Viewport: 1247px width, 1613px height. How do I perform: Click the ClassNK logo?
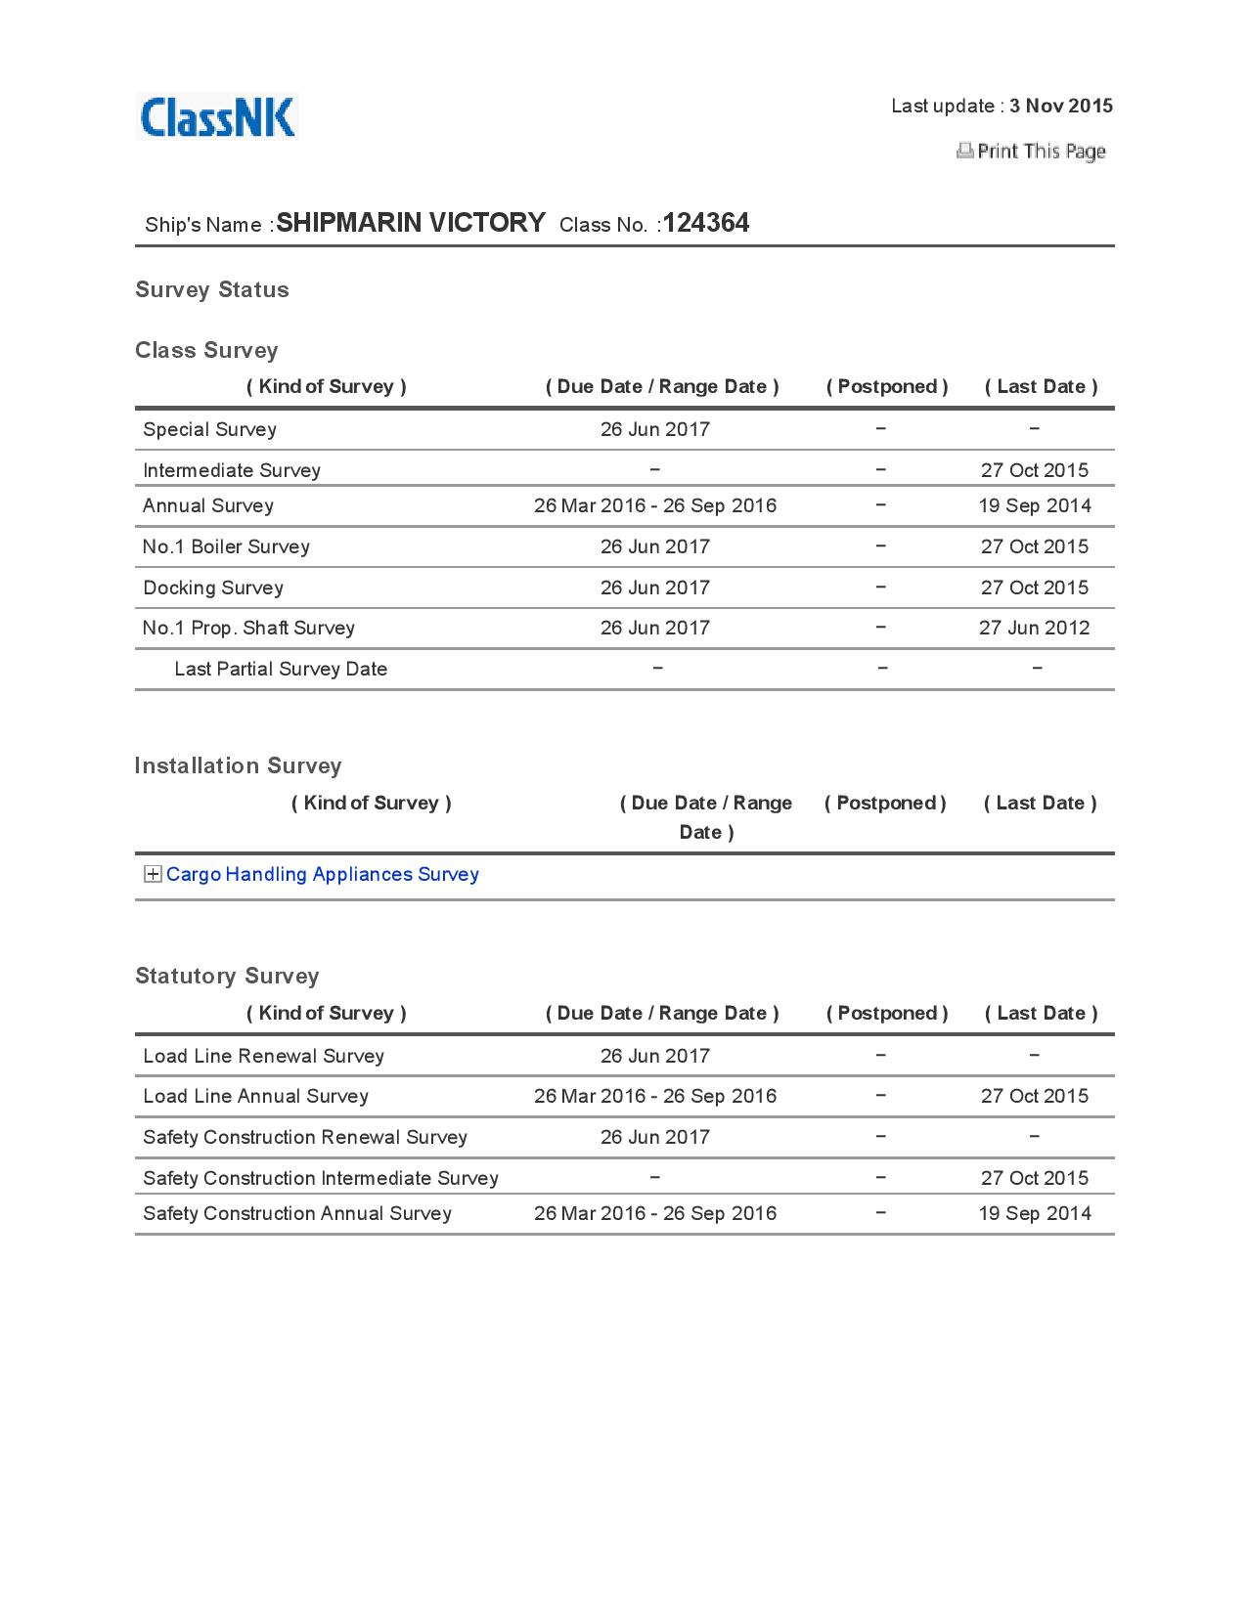(x=217, y=117)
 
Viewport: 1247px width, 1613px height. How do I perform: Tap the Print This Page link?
(x=1040, y=151)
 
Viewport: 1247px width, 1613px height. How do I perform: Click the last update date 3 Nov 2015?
(x=1061, y=106)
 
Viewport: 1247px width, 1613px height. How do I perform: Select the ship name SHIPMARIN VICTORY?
(x=411, y=223)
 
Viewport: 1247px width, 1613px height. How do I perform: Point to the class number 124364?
(x=706, y=223)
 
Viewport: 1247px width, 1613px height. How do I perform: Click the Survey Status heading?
(x=212, y=289)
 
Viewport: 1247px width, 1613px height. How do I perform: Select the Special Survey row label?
(x=210, y=429)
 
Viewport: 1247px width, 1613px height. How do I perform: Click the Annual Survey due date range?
(x=655, y=505)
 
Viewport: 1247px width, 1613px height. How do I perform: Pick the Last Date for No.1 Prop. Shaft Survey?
(x=1035, y=628)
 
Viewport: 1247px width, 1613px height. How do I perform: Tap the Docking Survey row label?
(x=213, y=588)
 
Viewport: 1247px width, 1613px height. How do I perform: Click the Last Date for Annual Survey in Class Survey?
(x=1035, y=505)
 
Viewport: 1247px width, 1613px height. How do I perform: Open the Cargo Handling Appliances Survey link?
(x=323, y=874)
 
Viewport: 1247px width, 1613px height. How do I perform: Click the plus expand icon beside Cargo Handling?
(x=153, y=874)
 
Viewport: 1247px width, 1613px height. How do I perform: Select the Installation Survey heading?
(x=239, y=765)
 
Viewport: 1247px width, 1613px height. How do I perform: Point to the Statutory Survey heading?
(x=228, y=976)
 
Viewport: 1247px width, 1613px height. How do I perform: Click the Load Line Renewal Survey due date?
(x=655, y=1056)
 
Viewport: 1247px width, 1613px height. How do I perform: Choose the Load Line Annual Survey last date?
(x=1035, y=1096)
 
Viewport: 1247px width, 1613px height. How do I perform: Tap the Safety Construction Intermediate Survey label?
(x=321, y=1178)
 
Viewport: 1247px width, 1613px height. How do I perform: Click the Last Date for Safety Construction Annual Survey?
(x=1035, y=1213)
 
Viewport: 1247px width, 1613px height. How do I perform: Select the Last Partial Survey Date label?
(x=281, y=669)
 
